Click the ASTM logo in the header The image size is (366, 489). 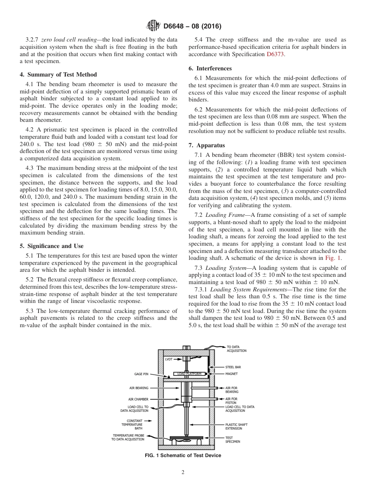coord(153,26)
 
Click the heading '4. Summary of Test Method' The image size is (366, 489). coord(58,75)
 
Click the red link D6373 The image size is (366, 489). coord(275,54)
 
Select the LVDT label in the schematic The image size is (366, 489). coord(169,359)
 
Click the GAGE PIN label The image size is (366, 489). coord(141,374)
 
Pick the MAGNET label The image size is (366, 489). coord(232,373)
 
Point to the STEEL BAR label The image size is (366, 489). coord(233,367)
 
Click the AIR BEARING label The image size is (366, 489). coord(139,388)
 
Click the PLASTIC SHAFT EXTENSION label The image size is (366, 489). coord(236,426)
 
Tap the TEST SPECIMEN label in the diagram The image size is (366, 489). coord(233,439)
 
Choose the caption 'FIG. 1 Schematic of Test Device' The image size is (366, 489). coord(183,455)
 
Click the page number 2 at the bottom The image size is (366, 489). coord(183,472)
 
